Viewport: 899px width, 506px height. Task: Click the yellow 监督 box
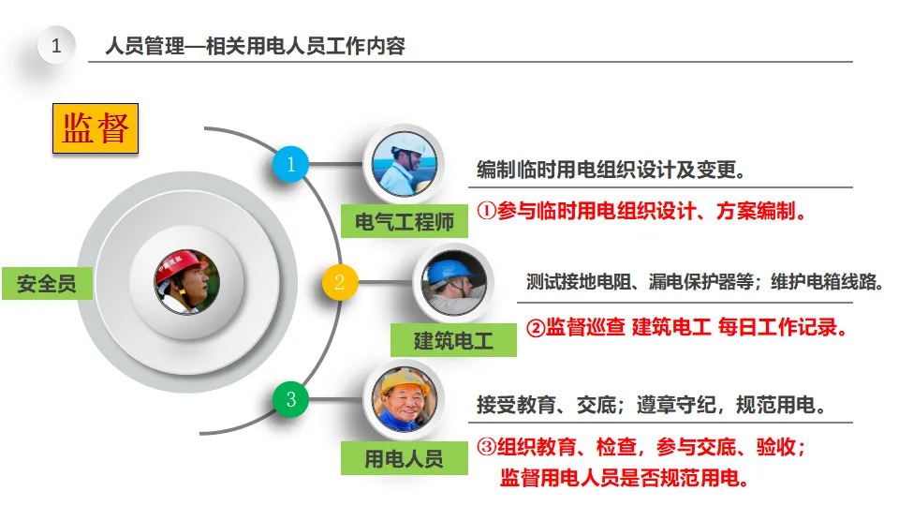95,128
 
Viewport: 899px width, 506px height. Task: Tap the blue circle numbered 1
290,165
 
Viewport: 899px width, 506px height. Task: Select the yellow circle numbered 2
340,281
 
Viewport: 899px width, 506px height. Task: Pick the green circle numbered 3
290,399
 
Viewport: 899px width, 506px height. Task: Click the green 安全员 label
47,282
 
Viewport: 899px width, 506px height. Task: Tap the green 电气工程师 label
404,222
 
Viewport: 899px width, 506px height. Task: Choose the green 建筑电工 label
453,339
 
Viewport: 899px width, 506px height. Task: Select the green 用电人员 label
404,458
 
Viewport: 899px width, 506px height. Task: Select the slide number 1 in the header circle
56,46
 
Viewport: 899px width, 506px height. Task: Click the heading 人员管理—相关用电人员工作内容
256,46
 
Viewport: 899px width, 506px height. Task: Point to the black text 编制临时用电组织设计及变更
611,171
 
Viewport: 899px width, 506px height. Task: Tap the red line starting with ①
642,211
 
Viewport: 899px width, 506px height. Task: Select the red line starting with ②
685,328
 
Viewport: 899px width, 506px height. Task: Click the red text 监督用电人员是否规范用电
625,477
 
